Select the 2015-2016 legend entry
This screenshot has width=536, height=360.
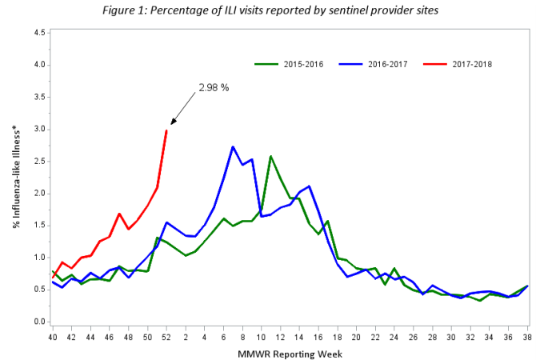(287, 63)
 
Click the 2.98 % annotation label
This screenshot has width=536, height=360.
(214, 87)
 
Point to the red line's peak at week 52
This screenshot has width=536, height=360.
(166, 130)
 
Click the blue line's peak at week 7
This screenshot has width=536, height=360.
(232, 146)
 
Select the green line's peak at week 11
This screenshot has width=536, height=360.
(270, 156)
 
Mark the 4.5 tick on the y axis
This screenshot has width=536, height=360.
(38, 33)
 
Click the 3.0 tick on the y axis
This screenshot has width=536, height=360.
(38, 130)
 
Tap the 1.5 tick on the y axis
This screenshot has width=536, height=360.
(38, 226)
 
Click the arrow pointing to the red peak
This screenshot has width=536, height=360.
(182, 109)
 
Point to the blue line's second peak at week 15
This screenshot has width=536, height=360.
(309, 186)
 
